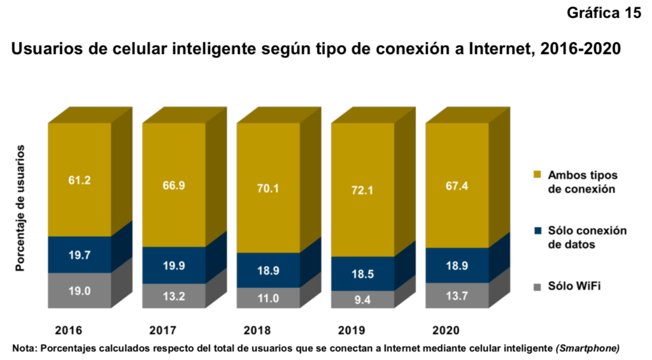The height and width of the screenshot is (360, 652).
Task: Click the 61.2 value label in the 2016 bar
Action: pyautogui.click(x=80, y=180)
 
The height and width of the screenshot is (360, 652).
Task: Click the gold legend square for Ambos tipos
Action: pyautogui.click(x=537, y=175)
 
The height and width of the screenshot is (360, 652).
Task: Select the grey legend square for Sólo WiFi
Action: pyautogui.click(x=537, y=287)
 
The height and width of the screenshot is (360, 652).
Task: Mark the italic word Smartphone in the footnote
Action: pyautogui.click(x=587, y=348)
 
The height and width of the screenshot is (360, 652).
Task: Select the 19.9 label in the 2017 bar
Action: pyautogui.click(x=173, y=266)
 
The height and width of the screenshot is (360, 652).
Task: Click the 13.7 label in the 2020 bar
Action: pyautogui.click(x=457, y=296)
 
